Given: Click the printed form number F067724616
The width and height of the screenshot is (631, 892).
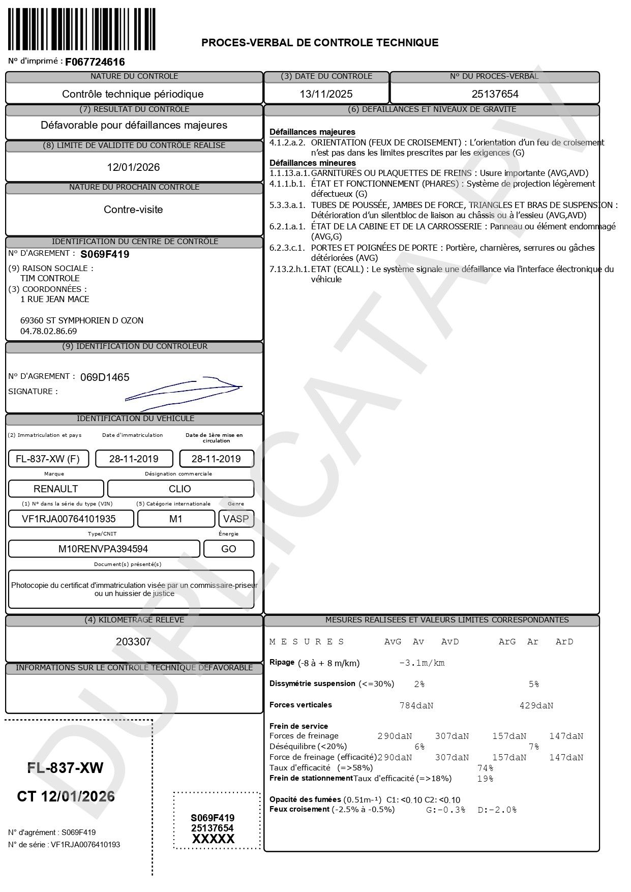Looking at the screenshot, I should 95,62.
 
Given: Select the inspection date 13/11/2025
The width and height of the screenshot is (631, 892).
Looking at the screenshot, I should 326,94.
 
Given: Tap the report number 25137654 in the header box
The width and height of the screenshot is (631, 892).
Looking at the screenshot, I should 495,94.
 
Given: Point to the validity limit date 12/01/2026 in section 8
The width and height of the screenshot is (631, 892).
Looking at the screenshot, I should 133,167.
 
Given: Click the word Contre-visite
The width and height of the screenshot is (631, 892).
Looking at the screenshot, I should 133,210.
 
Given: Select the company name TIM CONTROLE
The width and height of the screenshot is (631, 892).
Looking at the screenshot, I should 50,278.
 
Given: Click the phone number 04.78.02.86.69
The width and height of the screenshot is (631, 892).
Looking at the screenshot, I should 48,331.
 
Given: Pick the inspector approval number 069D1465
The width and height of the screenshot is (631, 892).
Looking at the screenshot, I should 105,377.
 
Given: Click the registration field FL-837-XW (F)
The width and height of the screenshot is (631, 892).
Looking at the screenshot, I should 48,459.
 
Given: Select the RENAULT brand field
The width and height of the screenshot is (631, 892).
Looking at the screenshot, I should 55,489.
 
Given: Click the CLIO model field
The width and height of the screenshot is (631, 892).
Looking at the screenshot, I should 180,489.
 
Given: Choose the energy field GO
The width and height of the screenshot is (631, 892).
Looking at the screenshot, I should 228,549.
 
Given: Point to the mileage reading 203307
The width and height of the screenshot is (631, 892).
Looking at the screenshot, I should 133,642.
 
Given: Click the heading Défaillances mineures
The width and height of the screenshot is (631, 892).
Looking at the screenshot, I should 312,163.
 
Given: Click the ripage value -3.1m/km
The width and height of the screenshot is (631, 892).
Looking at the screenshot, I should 422,663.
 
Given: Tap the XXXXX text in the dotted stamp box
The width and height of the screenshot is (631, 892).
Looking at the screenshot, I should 213,839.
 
